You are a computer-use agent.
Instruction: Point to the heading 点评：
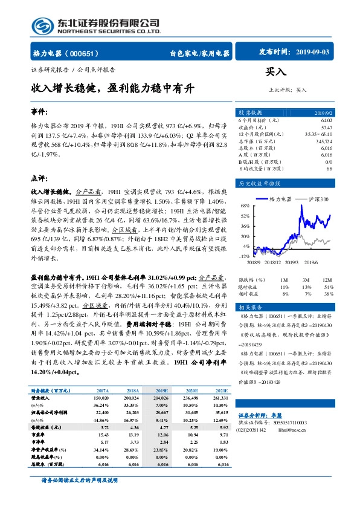[39, 178]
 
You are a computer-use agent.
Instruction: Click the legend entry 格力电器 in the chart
[280, 198]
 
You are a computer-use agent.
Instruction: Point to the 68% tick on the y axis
[246, 206]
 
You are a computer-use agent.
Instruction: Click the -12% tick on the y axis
[245, 256]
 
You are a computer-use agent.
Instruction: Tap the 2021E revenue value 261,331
[219, 398]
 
